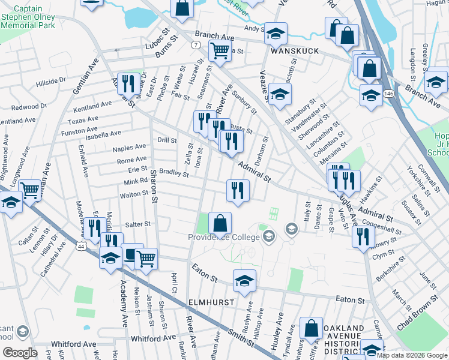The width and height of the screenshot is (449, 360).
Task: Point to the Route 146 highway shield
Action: pyautogui.click(x=389, y=94)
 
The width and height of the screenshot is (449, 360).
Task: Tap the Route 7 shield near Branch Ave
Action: pyautogui.click(x=196, y=45)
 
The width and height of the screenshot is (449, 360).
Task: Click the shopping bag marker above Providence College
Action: pyautogui.click(x=220, y=223)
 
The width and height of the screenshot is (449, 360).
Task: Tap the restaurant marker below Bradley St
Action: pyautogui.click(x=238, y=191)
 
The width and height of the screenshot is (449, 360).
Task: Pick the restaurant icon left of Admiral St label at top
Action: pyautogui.click(x=127, y=83)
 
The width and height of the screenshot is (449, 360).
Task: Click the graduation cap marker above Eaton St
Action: pyautogui.click(x=244, y=281)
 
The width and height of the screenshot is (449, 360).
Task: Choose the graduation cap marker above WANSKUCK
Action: pyautogui.click(x=276, y=33)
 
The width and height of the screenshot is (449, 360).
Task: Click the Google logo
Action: pyautogui.click(x=20, y=353)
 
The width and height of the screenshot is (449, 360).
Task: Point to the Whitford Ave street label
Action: pyautogui.click(x=73, y=344)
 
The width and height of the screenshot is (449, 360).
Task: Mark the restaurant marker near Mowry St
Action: pyautogui.click(x=362, y=238)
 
